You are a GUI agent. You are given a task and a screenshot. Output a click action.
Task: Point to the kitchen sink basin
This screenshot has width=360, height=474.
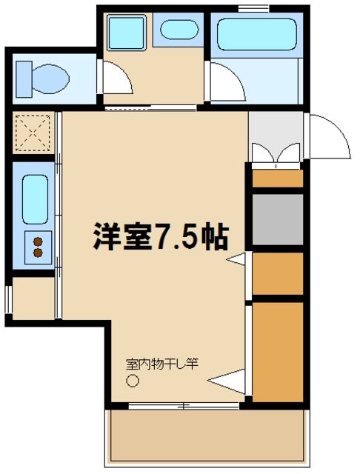click(x=35, y=198)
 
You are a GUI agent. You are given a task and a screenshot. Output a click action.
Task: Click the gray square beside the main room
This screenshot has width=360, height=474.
click(x=278, y=219)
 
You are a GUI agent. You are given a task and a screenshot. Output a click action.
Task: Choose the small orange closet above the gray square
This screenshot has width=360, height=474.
click(x=278, y=178)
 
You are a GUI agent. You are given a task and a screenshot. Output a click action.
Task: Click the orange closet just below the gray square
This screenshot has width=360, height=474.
click(x=278, y=273)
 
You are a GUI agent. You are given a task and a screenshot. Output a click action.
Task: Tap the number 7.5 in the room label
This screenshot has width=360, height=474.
click(x=177, y=236)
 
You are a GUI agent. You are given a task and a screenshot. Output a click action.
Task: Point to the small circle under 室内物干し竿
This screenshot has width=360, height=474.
click(x=133, y=382)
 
